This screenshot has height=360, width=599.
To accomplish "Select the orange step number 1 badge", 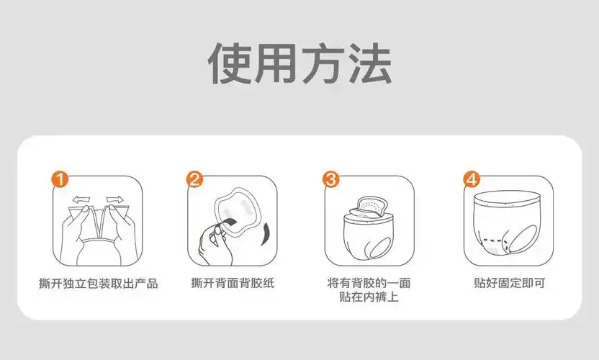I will pyautogui.click(x=62, y=179).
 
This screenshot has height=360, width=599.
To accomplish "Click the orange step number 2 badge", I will pyautogui.click(x=194, y=179).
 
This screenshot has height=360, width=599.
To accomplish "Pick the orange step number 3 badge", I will pyautogui.click(x=330, y=179).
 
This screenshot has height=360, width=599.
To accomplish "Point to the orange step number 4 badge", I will pyautogui.click(x=471, y=179).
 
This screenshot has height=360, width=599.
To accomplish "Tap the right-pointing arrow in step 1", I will pyautogui.click(x=115, y=199).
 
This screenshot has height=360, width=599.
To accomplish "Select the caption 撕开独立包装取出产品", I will pyautogui.click(x=98, y=283).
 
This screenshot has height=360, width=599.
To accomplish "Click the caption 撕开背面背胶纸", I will pyautogui.click(x=231, y=283).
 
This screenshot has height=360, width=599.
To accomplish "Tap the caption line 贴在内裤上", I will pyautogui.click(x=369, y=297).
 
